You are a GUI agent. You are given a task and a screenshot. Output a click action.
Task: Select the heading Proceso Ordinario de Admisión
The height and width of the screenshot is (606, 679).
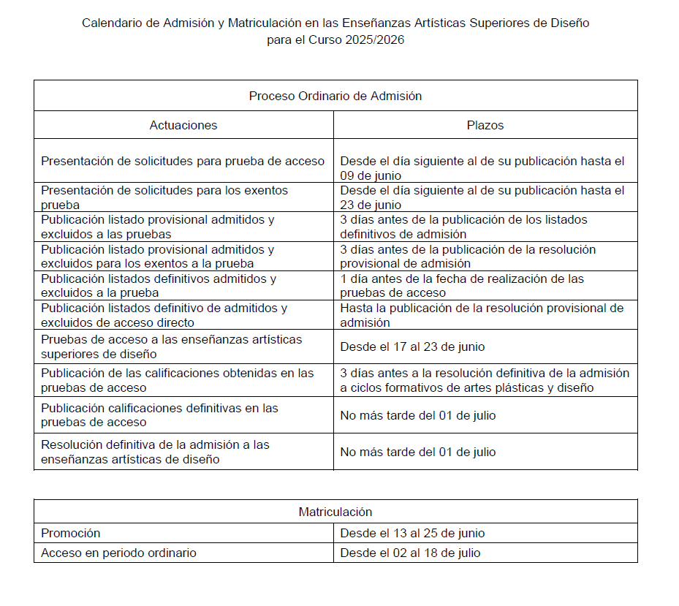click(335, 96)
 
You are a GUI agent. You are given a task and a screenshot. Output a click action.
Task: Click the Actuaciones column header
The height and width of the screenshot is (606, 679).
click(183, 125)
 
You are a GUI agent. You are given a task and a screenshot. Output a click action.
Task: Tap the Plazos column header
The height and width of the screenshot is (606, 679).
click(485, 125)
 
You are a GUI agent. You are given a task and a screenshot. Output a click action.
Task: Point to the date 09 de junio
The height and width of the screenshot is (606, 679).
click(371, 175)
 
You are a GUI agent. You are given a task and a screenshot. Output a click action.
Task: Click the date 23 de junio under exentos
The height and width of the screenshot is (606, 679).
click(371, 205)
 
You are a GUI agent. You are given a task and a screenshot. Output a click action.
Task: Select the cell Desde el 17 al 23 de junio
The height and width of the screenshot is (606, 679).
click(412, 346)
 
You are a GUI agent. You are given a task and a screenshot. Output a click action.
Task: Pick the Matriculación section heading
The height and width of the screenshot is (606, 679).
click(335, 512)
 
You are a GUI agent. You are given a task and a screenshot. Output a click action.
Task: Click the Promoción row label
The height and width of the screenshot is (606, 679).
click(71, 533)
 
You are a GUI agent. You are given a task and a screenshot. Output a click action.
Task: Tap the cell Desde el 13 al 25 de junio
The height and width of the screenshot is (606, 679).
click(412, 533)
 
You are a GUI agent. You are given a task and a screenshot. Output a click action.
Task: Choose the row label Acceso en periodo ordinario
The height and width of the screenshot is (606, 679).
click(118, 553)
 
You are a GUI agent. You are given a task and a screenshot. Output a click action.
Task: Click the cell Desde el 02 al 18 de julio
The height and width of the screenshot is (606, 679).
click(410, 553)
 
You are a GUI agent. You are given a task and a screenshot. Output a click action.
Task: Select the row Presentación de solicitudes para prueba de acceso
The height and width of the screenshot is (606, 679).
click(183, 161)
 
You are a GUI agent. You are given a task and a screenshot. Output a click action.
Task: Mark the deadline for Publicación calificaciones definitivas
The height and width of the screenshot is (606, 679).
click(417, 415)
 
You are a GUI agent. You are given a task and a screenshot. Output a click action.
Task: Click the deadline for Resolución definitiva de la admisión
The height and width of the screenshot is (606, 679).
click(417, 452)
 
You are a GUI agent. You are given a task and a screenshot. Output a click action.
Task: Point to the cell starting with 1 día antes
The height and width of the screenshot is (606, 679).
click(462, 286)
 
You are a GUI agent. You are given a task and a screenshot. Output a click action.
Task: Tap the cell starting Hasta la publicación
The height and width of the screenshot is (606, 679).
click(482, 315)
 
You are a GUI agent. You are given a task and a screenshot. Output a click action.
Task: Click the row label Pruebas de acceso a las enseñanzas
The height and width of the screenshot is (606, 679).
click(171, 346)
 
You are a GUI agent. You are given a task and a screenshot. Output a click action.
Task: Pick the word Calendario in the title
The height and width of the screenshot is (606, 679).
click(112, 23)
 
